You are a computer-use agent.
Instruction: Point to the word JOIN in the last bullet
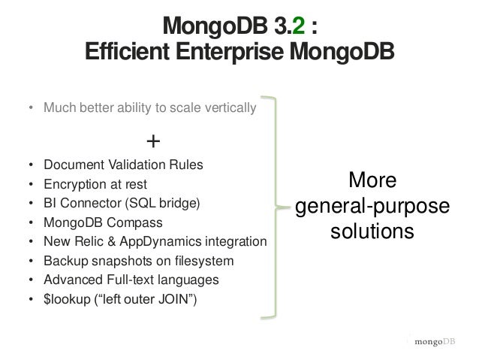pyautogui.click(x=182, y=300)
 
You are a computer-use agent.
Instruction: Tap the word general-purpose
pyautogui.click(x=373, y=206)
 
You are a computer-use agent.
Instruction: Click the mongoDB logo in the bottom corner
pyautogui.click(x=432, y=341)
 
